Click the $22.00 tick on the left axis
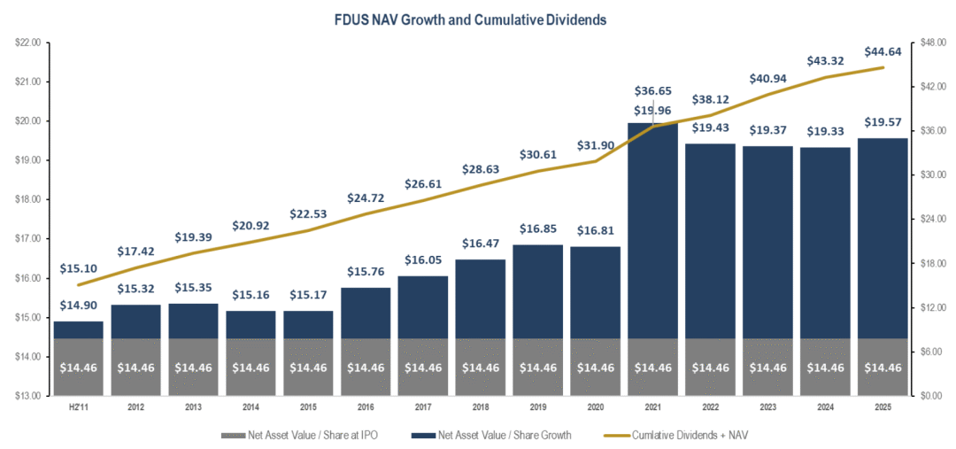(29, 43)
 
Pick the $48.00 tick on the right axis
(930, 43)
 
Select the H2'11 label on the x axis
(79, 407)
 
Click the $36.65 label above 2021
(654, 91)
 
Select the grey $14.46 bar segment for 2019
(539, 367)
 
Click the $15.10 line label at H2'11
(79, 268)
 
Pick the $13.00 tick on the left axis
(29, 396)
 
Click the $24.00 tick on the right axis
(930, 219)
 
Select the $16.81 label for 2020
(597, 232)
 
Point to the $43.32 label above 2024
(827, 61)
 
